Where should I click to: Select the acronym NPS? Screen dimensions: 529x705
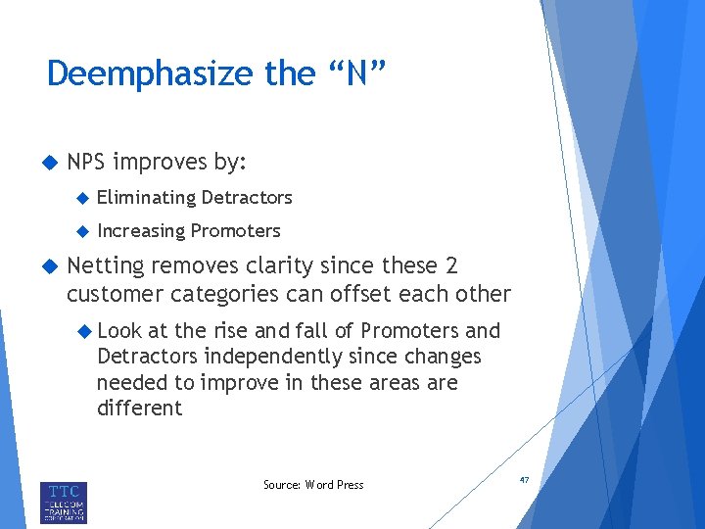click(x=90, y=162)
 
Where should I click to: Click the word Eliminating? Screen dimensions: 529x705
click(x=146, y=198)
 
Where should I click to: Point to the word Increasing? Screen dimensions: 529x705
click(x=141, y=231)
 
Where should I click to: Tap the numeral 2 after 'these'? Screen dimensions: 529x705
click(x=449, y=266)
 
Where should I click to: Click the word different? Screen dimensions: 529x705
click(x=139, y=408)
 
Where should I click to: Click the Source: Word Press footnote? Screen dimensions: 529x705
click(x=313, y=485)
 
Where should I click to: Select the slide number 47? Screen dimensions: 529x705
click(x=524, y=480)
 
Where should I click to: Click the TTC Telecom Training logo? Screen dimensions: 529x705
click(x=64, y=502)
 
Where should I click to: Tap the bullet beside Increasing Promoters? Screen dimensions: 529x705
click(x=82, y=232)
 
